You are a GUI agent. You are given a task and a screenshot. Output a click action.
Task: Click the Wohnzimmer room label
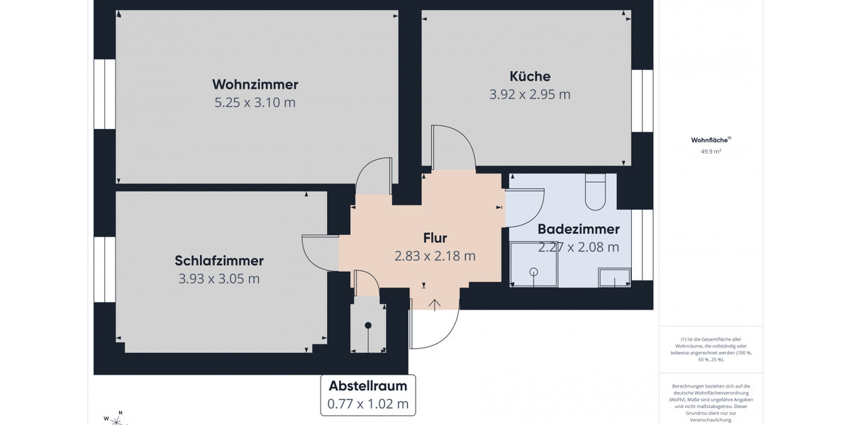point(255,84)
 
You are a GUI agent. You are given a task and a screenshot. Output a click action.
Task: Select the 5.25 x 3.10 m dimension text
point(255,103)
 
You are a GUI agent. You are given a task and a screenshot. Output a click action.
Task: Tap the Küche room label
point(530,76)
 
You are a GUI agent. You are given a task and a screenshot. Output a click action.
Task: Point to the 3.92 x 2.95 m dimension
point(530,94)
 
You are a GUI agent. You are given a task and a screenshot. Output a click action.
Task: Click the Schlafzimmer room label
point(219,261)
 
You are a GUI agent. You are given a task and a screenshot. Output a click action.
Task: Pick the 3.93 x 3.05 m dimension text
point(219,279)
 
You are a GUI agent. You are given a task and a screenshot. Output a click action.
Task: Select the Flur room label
point(435,238)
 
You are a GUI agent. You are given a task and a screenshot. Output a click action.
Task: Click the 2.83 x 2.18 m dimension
point(435,256)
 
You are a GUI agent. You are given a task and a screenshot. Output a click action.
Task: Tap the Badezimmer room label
point(579,229)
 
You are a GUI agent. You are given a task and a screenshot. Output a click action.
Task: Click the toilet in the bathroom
point(595,193)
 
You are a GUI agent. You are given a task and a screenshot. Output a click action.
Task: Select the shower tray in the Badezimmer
point(533,264)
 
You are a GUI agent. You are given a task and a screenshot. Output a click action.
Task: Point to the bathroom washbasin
point(614,277)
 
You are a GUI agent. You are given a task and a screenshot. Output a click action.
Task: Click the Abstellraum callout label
point(368,386)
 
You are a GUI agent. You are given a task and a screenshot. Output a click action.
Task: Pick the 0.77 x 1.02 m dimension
point(368,404)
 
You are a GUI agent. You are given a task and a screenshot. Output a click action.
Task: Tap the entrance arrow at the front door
point(435,305)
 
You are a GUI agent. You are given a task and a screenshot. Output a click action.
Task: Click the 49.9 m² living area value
point(711,151)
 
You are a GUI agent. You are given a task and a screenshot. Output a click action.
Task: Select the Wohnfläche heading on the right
point(710,140)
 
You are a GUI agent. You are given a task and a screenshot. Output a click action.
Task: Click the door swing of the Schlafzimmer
point(318,252)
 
